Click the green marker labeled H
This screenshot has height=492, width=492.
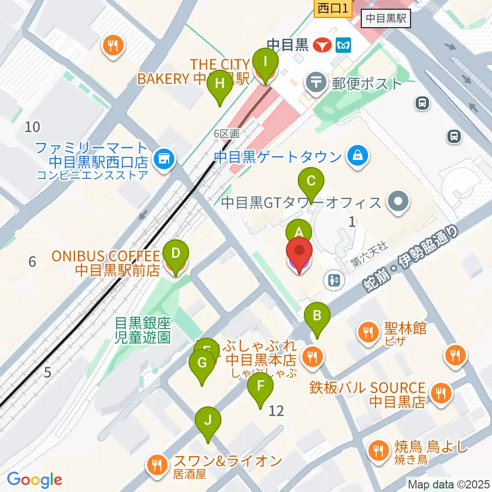219,84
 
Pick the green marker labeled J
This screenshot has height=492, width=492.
208,420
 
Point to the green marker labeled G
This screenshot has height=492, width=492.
202,363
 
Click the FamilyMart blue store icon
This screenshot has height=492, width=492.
164,159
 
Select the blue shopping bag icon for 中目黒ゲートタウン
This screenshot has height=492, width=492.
356,155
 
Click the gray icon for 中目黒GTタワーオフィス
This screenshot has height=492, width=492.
398,202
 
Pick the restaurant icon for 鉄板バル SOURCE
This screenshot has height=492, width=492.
439,394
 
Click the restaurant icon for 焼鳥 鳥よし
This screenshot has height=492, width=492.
379,450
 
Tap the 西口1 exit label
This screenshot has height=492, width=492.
332,8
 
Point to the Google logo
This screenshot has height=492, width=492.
34,480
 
